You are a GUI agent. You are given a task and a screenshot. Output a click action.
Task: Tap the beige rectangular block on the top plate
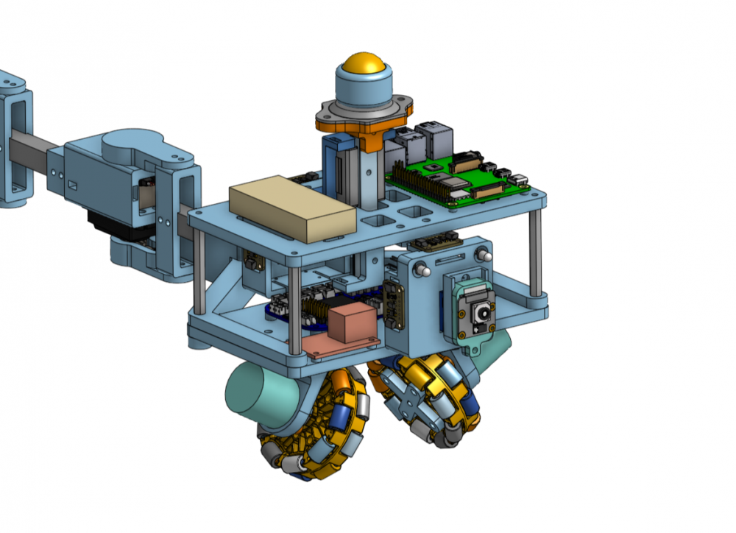click(x=291, y=208)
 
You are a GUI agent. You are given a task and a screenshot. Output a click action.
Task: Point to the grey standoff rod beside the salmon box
click(x=294, y=309)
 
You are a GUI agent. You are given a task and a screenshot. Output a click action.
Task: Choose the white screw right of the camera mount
click(x=484, y=255)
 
